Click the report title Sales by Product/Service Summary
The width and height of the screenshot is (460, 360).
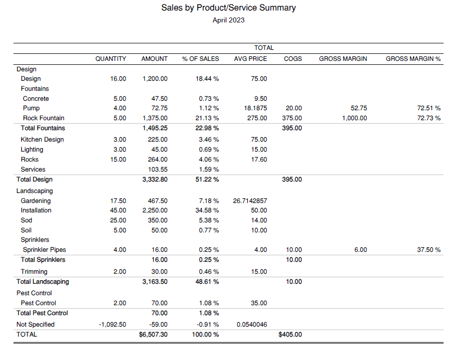pos(228,8)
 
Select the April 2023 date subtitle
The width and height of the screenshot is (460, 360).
pos(228,20)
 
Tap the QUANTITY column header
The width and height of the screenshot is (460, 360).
pos(111,59)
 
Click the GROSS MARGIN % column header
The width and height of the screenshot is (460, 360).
pos(413,59)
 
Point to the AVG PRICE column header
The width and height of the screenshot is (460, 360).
pos(250,59)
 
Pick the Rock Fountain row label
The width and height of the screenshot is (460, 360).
pos(43,118)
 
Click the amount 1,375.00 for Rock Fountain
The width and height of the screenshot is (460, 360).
pos(154,118)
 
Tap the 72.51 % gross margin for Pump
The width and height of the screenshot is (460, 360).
pos(429,108)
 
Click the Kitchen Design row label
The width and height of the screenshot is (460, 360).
pos(42,140)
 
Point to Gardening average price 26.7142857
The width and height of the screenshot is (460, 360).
pos(250,201)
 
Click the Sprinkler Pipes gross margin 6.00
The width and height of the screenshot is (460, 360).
pos(360,250)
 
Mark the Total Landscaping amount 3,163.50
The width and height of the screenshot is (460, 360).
pos(154,282)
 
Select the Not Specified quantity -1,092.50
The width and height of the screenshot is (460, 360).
pos(113,325)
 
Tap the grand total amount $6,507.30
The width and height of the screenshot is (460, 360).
pos(153,335)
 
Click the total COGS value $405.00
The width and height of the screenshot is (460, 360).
pos(290,335)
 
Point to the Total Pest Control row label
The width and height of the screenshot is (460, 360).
pos(42,313)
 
